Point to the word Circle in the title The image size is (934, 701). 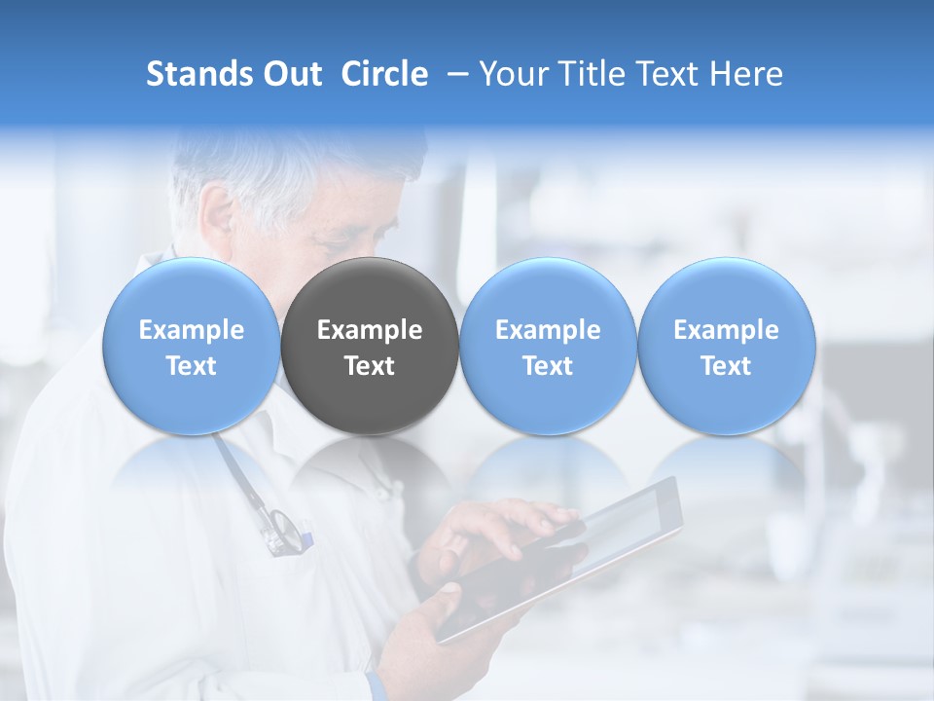point(384,74)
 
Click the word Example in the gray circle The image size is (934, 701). point(370,330)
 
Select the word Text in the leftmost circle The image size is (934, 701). point(192,366)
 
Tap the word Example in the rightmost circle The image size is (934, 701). point(726,330)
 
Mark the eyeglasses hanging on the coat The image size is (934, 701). point(284,532)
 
